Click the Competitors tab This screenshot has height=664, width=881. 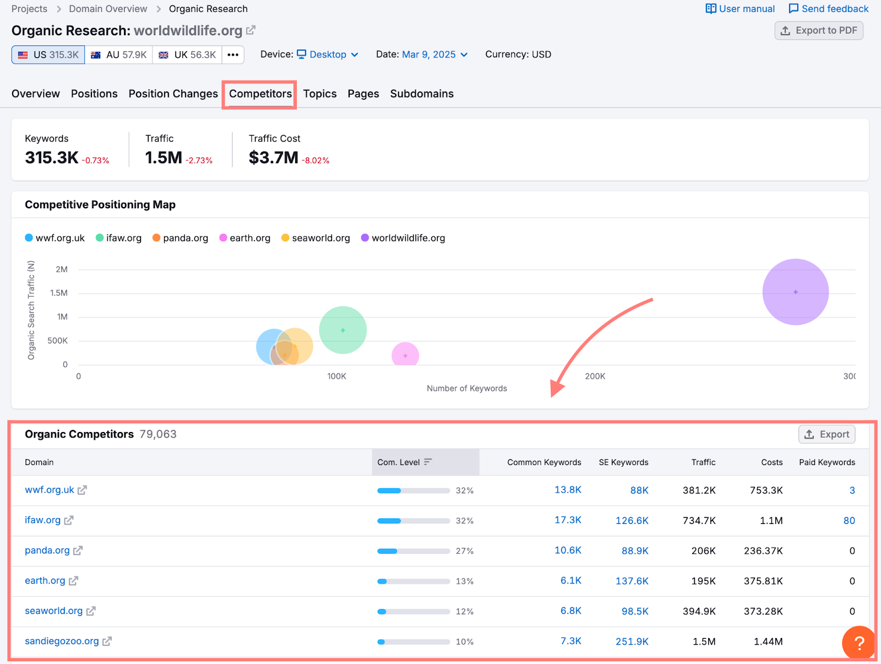(x=260, y=94)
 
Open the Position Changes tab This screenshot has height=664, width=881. (x=173, y=94)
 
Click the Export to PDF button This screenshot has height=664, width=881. (x=819, y=30)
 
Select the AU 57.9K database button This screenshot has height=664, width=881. (x=119, y=55)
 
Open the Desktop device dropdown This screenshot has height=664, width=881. (x=328, y=55)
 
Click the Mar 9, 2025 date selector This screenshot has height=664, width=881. (x=434, y=55)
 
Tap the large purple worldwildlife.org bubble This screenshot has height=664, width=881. (x=795, y=291)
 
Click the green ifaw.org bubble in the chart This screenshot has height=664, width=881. (x=342, y=330)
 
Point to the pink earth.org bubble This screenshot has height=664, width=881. (x=405, y=355)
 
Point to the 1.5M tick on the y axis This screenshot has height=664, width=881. (x=59, y=293)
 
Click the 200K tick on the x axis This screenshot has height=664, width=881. (x=595, y=376)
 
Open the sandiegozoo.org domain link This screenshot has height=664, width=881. (x=62, y=641)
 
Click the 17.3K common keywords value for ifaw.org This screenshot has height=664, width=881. (x=568, y=520)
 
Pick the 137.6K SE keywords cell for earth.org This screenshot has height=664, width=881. (x=632, y=581)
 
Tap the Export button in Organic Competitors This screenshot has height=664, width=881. (x=826, y=434)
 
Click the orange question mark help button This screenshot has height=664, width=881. (x=858, y=643)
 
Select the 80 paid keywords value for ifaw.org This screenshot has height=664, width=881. (x=849, y=520)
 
